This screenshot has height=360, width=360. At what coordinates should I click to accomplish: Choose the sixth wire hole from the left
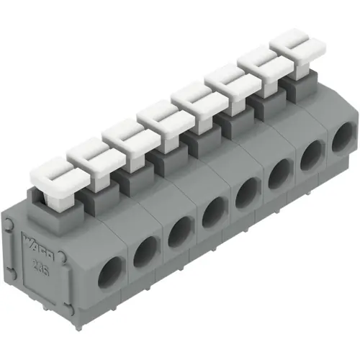(x=279, y=173)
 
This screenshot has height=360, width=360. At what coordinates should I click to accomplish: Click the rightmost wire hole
(x=343, y=136)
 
